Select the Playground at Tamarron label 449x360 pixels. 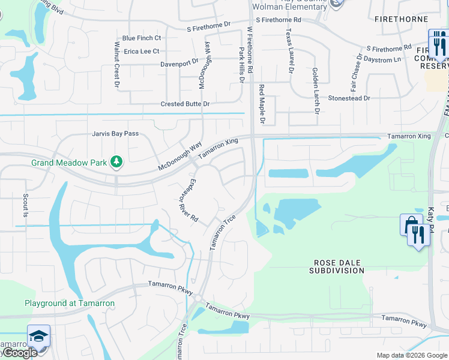coord(70,304)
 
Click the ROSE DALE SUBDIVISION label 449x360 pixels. coord(337,267)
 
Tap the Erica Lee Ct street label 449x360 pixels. coord(142,52)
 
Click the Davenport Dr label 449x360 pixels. coord(179,63)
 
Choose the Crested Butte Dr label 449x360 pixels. coord(185,104)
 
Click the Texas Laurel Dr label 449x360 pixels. coord(290,51)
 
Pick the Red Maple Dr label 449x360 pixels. coord(262,104)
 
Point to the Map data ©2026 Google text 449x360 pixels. coord(411,355)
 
